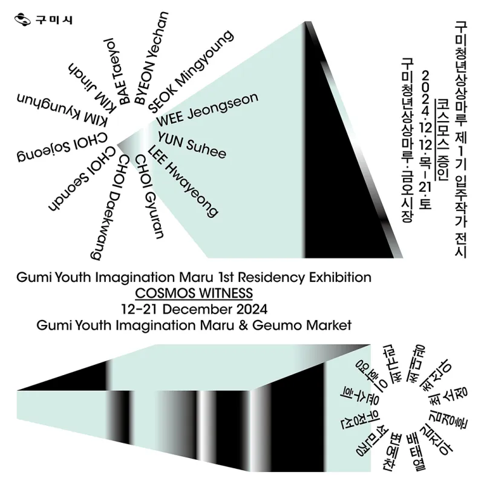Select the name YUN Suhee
pos(192,145)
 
